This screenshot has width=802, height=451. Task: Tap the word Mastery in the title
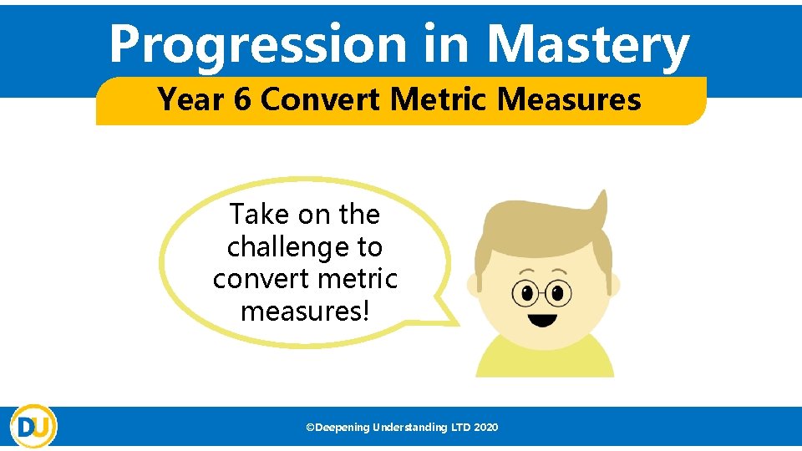click(588, 46)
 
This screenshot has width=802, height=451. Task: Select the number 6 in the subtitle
click(242, 100)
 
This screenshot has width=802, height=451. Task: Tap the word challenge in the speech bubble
click(304, 247)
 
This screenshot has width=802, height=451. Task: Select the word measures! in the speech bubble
click(305, 311)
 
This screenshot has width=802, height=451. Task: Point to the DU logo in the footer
click(33, 426)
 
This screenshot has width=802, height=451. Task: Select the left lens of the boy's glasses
click(526, 293)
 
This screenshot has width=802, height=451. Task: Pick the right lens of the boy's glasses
click(557, 293)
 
